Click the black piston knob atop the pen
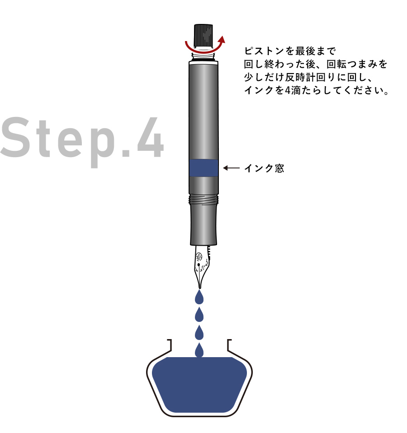203,33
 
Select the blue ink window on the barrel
203,168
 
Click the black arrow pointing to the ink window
231,168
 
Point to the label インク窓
264,169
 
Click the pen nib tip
199,286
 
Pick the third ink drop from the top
199,333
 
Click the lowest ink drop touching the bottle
199,350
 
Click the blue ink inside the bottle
199,384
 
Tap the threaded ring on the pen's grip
203,197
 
